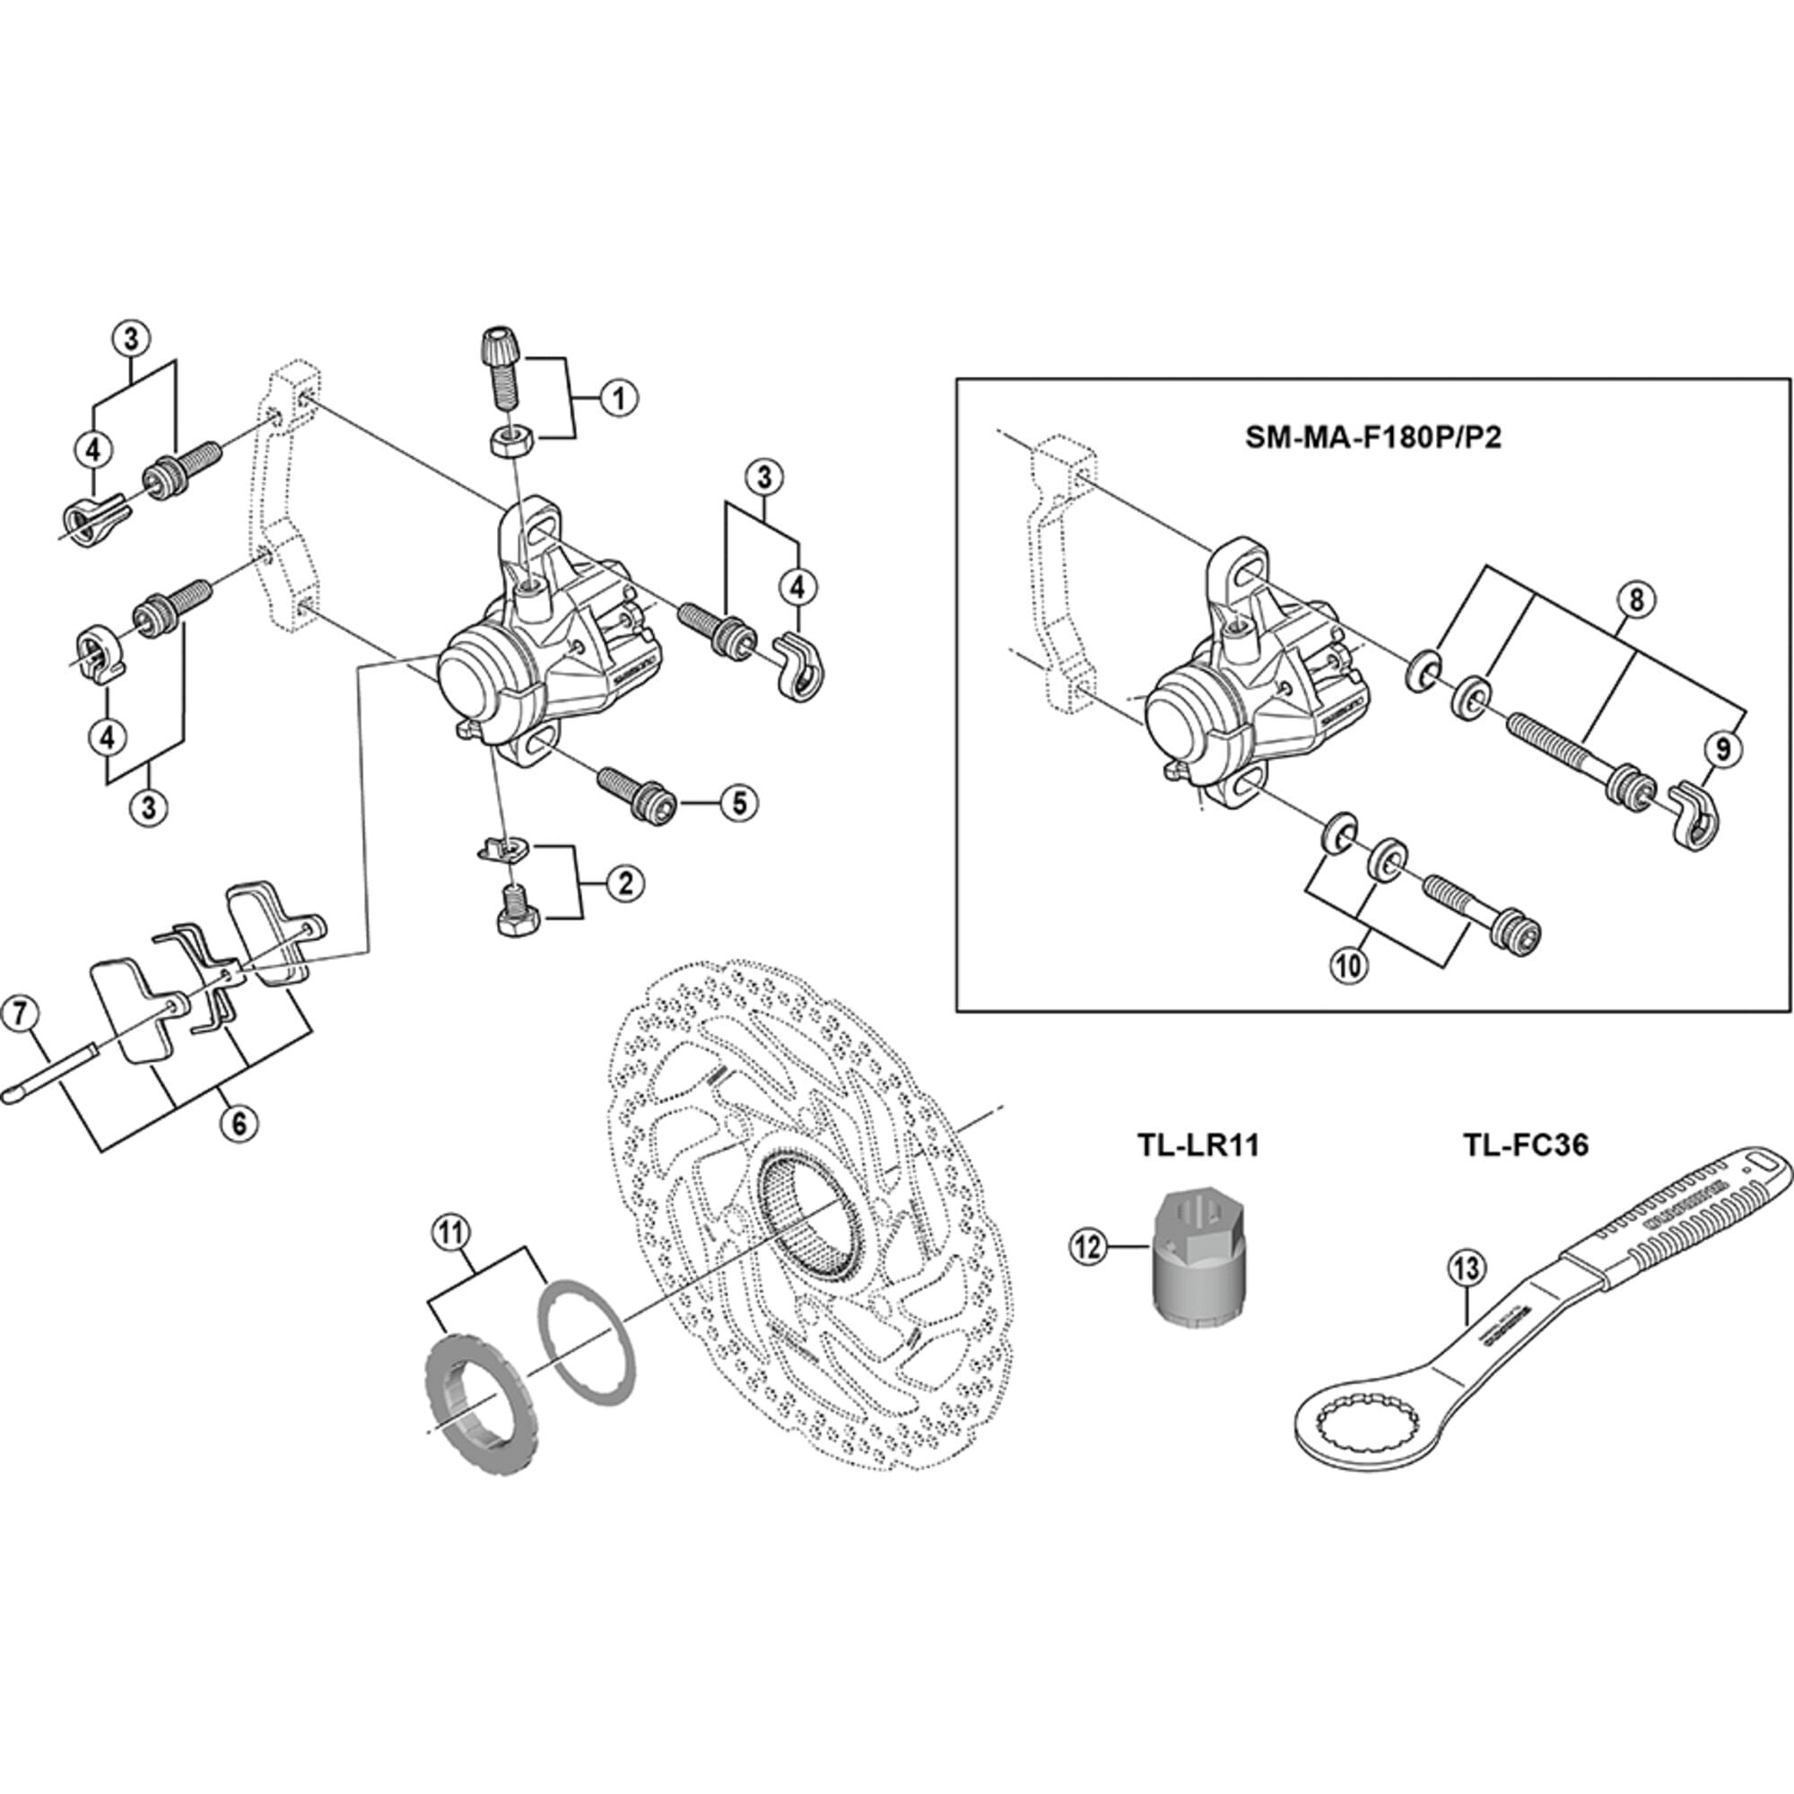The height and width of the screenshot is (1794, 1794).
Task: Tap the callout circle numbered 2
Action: click(625, 882)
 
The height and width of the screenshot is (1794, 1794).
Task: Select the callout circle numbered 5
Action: click(738, 802)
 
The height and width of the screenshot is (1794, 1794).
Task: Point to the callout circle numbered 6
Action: click(239, 1124)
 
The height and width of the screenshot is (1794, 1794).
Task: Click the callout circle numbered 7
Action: click(22, 1013)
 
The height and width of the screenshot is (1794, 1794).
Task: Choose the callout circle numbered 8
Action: click(1635, 600)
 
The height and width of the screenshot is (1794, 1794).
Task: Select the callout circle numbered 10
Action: click(1348, 966)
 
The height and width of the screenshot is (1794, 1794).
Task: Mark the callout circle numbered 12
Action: click(1087, 1246)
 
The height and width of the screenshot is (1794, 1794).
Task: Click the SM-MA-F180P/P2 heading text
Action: click(1372, 438)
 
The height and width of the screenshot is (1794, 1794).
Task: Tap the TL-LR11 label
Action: click(1197, 1145)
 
